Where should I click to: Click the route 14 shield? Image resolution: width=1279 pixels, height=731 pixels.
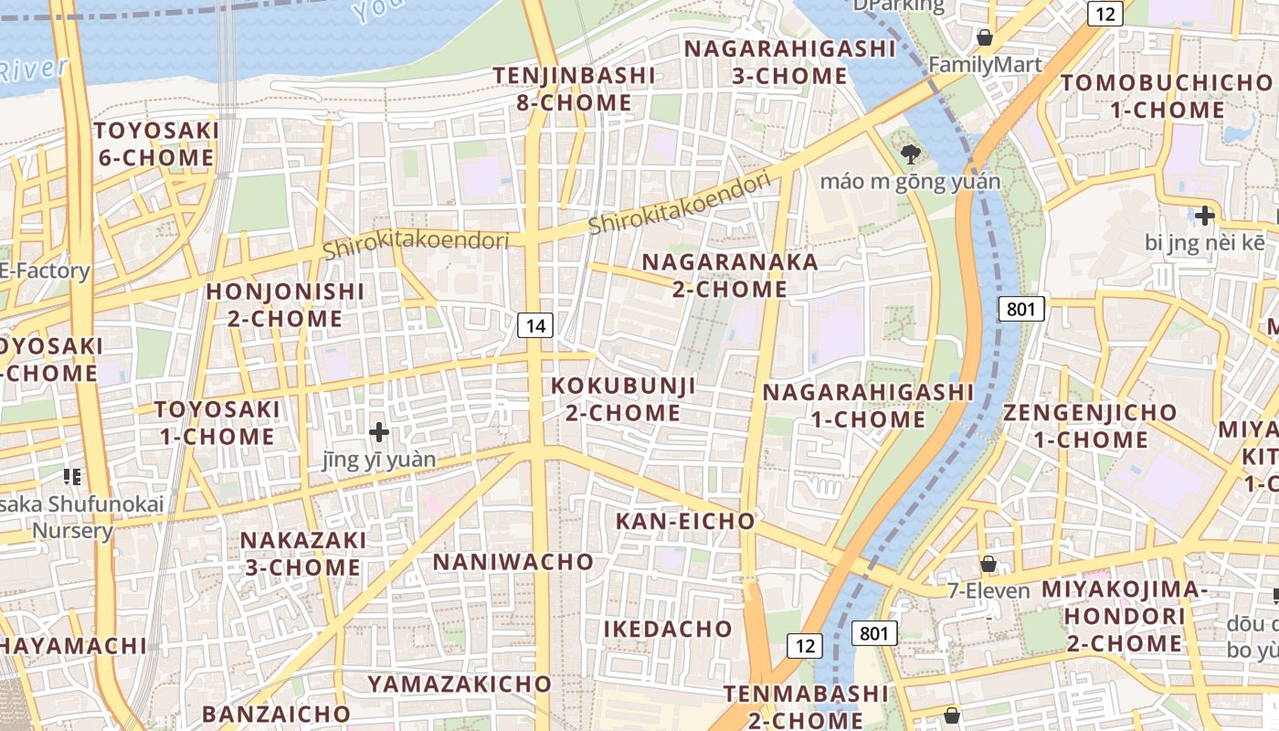click(x=537, y=324)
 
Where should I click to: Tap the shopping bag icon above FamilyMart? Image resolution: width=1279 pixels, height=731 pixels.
click(x=985, y=37)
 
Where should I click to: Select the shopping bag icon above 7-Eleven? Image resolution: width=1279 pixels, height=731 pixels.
click(x=988, y=564)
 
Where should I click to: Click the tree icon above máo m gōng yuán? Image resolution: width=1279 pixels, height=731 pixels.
click(x=910, y=154)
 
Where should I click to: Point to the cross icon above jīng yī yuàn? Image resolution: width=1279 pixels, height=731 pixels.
click(x=379, y=431)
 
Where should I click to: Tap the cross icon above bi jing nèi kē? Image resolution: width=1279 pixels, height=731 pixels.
click(x=1205, y=217)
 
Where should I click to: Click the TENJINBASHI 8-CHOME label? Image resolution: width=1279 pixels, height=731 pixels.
click(x=575, y=89)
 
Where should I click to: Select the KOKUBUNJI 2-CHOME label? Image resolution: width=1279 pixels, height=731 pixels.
click(x=623, y=399)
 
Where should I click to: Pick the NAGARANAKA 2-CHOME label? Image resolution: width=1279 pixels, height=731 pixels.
click(x=730, y=275)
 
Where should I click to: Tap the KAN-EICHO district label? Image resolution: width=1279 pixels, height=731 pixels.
click(x=685, y=521)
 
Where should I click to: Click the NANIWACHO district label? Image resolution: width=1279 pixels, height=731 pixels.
click(x=513, y=561)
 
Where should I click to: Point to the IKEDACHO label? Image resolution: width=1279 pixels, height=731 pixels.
click(x=668, y=629)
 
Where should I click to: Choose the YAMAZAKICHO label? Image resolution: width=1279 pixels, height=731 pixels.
click(x=460, y=683)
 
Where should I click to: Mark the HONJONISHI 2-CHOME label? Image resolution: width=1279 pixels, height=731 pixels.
click(x=285, y=305)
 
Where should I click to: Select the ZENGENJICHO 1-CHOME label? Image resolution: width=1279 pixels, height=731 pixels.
click(x=1090, y=426)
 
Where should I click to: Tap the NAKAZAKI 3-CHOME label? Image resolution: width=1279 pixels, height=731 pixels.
click(x=302, y=554)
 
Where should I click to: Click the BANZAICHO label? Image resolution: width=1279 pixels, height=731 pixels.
click(x=276, y=713)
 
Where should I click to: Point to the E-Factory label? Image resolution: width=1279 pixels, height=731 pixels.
click(x=45, y=270)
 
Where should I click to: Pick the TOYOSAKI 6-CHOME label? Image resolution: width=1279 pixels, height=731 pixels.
click(x=156, y=143)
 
